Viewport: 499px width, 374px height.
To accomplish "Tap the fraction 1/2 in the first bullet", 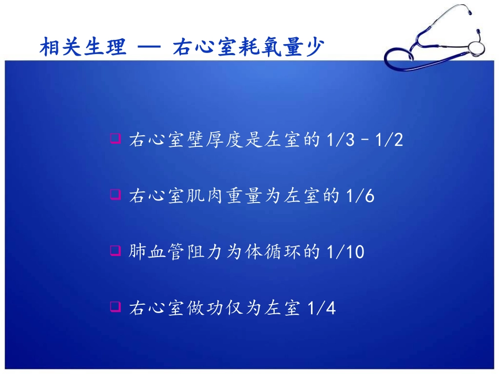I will (x=391, y=140).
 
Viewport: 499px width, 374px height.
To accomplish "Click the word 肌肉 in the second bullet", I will (x=206, y=196).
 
